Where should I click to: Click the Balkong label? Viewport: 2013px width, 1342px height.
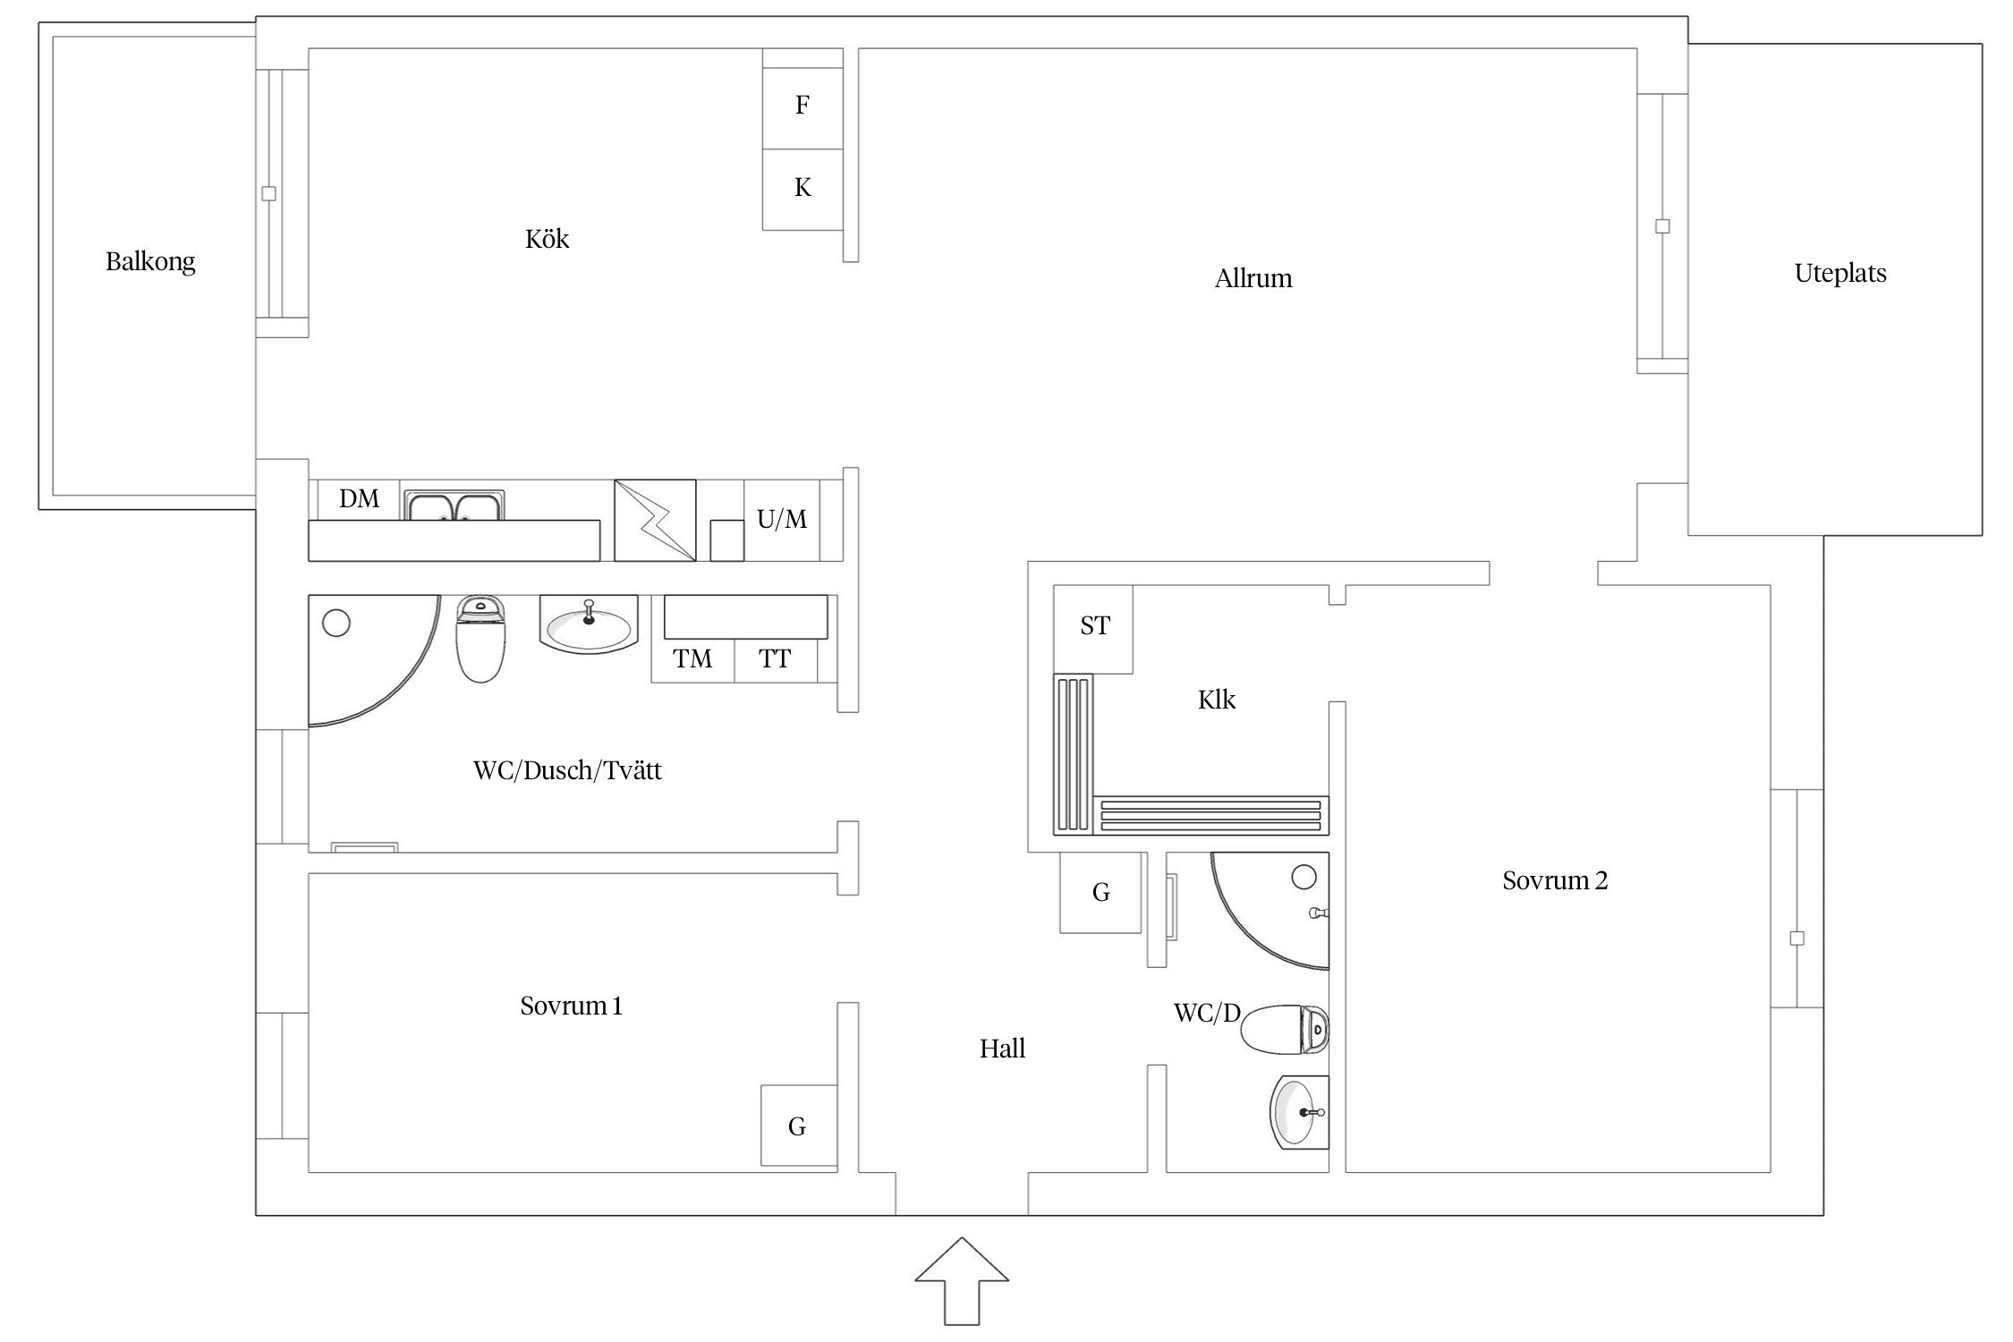click(150, 262)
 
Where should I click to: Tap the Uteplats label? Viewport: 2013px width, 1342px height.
click(1840, 273)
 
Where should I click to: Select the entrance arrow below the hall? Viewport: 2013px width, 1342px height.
click(962, 1281)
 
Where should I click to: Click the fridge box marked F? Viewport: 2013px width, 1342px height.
click(803, 108)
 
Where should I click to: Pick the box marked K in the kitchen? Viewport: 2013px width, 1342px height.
click(803, 190)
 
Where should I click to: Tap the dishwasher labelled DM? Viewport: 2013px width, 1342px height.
click(358, 499)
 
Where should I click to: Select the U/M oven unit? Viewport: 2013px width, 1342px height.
click(782, 520)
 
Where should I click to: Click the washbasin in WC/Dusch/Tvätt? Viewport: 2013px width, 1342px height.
click(589, 624)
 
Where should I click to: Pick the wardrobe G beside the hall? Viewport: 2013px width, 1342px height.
click(1100, 892)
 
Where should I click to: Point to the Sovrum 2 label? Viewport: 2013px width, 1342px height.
click(1555, 881)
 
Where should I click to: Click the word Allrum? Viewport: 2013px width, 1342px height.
click(1253, 279)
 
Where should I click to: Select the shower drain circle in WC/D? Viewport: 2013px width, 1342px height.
click(1304, 878)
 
